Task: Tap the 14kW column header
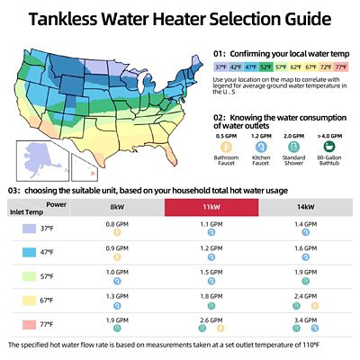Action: point(305,207)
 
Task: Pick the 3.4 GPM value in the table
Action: point(305,318)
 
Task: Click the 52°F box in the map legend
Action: point(267,67)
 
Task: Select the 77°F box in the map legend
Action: point(339,67)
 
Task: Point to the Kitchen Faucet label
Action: point(259,160)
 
